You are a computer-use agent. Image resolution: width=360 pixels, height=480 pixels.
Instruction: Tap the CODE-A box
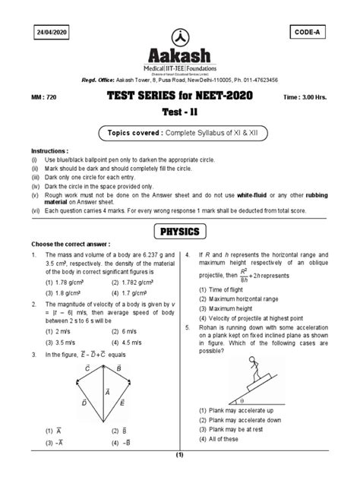(x=308, y=32)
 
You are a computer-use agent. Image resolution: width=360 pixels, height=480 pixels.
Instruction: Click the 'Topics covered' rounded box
(x=180, y=133)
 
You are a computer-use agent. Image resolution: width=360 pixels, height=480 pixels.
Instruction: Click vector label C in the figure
(x=87, y=368)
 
